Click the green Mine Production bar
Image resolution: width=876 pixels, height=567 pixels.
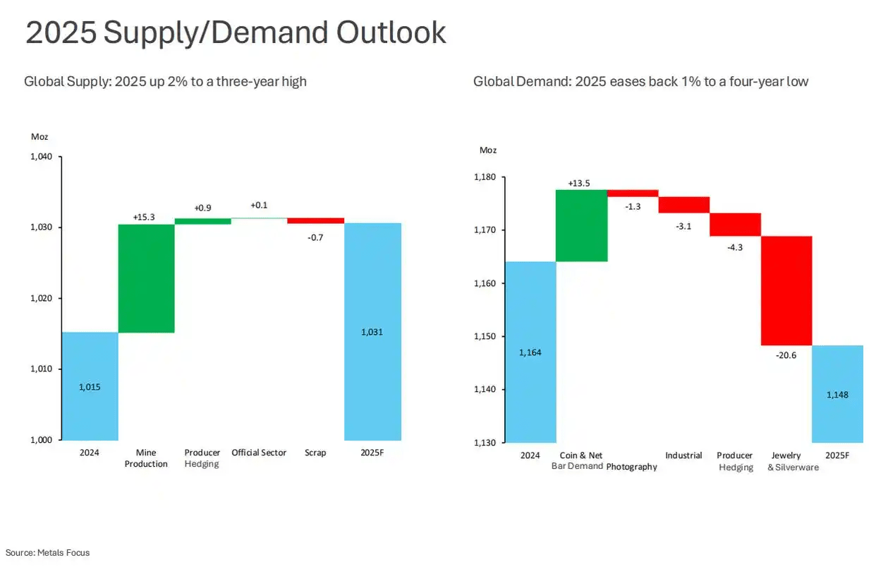146,278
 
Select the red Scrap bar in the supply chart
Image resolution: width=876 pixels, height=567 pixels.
315,220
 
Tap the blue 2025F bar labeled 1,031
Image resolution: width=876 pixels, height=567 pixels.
372,332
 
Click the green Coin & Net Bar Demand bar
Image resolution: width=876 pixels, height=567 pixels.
581,225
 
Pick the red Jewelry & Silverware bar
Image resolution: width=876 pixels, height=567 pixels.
786,290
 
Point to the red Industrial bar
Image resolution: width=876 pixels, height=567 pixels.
683,205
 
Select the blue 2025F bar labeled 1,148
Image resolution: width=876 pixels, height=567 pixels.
837,394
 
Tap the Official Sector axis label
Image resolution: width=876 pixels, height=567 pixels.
259,453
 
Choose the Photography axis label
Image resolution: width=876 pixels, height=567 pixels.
631,467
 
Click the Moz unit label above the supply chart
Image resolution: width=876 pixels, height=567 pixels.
39,137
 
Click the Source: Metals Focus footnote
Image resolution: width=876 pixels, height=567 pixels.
48,553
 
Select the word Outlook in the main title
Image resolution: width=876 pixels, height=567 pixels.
391,33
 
